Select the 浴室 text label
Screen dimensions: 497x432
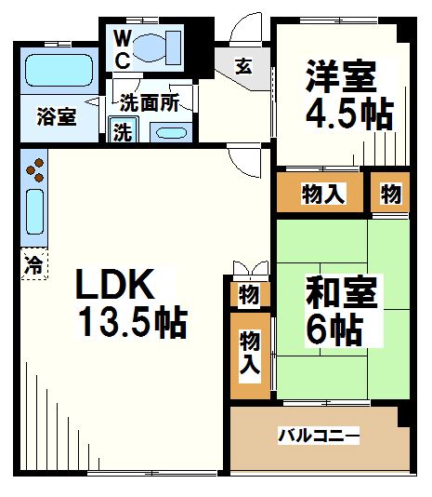57,116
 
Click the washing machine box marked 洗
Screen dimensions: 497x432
123,131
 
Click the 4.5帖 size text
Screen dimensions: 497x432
350,115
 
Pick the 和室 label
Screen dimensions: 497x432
341,292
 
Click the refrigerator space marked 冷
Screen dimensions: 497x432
33,262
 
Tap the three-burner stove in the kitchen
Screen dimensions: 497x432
34,169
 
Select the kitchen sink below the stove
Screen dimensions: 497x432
34,212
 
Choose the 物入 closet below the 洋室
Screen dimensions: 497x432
323,195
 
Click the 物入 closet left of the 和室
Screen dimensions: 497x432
249,355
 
